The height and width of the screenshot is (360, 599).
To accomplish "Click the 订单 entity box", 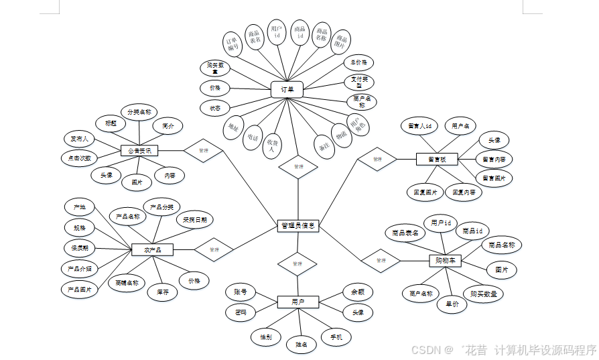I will [x=287, y=89].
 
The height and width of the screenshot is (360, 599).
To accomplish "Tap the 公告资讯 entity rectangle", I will [x=139, y=151].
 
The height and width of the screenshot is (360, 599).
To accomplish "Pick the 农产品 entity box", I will [x=153, y=249].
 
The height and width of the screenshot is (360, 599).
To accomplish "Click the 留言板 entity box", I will [x=437, y=159].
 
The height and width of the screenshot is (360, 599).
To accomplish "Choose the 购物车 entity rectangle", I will [x=445, y=260].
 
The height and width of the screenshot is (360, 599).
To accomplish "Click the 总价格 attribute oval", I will [x=359, y=62].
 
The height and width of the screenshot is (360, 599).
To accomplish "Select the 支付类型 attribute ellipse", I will [x=359, y=82].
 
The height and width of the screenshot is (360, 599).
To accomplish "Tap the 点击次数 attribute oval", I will [x=79, y=158].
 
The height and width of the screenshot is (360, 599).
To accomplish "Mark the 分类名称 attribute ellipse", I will [x=139, y=111].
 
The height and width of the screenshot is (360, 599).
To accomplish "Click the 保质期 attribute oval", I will [x=80, y=247].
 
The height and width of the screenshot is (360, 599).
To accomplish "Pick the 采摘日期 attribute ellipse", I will [x=195, y=219].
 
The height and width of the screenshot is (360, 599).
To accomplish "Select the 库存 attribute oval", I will [x=162, y=292].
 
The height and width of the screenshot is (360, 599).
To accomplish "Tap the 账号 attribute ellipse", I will [x=241, y=292].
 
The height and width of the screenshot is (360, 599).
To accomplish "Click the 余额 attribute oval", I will [x=357, y=292].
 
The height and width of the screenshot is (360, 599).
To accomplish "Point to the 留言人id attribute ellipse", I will [x=419, y=125].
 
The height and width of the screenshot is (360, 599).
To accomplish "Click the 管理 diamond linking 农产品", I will [x=214, y=250].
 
